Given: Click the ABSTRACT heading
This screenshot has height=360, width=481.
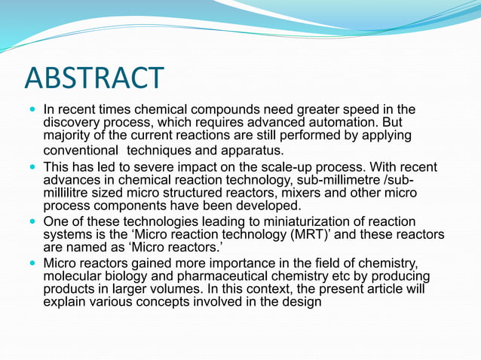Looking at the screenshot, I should pos(94,78).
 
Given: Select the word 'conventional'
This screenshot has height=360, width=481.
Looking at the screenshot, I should pos(86,151).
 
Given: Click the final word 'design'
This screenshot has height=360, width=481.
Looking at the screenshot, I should pos(301,303).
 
